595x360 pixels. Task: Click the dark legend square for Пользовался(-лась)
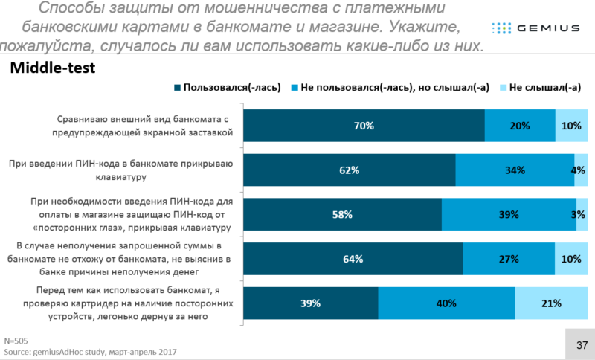tap(177, 88)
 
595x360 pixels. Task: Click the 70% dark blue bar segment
tap(364, 126)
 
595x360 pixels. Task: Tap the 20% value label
tap(520, 126)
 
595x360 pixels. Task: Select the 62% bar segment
tap(350, 170)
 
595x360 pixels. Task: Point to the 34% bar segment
tap(515, 170)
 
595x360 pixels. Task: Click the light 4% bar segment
tap(581, 170)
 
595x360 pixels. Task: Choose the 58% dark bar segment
tap(342, 215)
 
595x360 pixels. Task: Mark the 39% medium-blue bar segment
tap(509, 215)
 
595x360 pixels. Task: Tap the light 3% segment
tap(582, 215)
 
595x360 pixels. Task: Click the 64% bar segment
tap(353, 260)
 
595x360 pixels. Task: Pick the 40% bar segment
tap(446, 303)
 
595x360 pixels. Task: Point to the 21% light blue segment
tap(551, 303)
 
